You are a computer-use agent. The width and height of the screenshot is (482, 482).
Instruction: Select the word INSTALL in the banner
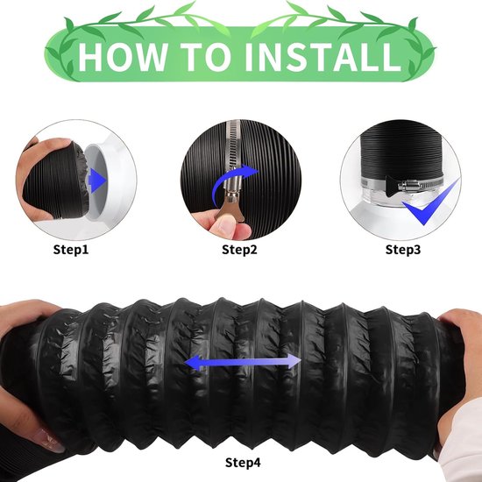coord(323,57)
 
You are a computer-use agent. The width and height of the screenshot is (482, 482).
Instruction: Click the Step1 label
coord(71,249)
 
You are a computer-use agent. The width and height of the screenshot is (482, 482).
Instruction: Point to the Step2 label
coord(239,249)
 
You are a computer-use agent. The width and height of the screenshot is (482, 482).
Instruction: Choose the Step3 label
coord(403,249)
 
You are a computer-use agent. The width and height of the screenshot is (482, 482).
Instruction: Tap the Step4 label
coord(243,463)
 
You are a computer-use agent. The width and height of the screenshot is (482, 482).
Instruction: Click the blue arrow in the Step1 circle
coord(98,181)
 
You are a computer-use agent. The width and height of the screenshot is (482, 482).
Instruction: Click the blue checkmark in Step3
coord(430,203)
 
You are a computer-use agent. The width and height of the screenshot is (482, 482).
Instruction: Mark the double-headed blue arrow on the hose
coord(243,362)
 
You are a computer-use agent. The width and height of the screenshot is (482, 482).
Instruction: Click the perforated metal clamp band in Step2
coord(234,146)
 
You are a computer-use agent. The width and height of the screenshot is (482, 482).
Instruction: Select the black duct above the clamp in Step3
coord(401,152)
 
